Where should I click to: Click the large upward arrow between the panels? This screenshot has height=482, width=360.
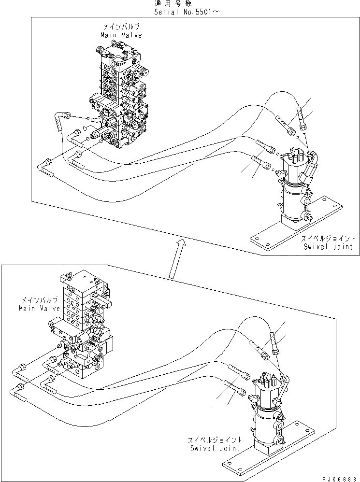[x=176, y=258]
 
